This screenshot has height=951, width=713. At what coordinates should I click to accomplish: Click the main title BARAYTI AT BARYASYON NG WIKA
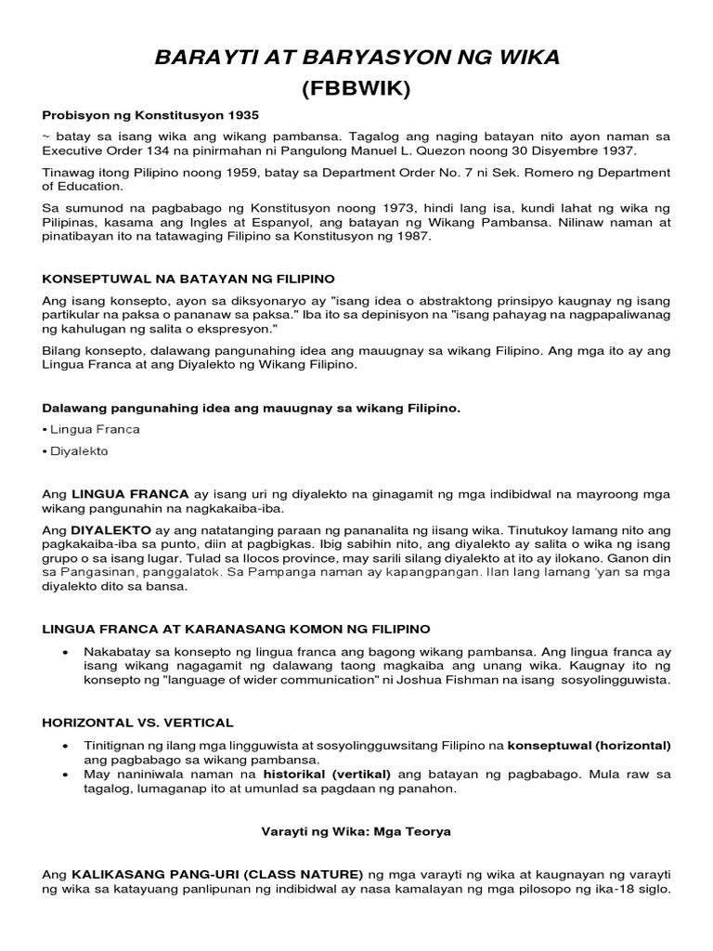(356, 59)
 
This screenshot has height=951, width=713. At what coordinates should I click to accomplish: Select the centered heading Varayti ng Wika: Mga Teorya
(356, 832)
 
